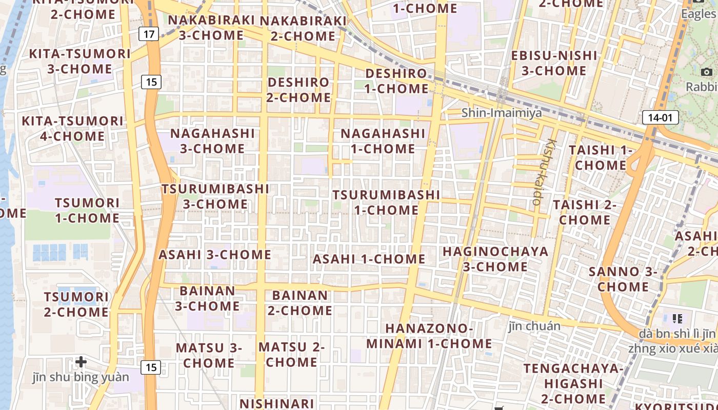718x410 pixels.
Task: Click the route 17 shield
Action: coord(149,34)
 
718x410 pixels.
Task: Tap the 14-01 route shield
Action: coord(660,117)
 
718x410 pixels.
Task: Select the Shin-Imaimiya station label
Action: coord(501,113)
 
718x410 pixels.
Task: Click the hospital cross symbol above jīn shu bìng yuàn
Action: coord(81,362)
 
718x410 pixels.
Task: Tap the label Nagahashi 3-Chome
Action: coord(212,141)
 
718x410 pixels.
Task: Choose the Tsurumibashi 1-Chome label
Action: coord(386,202)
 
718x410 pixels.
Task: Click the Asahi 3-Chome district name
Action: coord(215,255)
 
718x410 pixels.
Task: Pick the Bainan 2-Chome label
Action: coord(300,303)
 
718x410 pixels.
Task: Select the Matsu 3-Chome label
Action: coord(209,355)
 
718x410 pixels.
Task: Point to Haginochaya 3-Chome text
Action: coord(495,259)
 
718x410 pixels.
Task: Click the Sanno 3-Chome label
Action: coord(623,279)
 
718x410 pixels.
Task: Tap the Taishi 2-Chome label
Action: coord(585,212)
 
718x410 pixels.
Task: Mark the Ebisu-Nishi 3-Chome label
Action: coord(554,63)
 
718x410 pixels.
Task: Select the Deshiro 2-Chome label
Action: coord(299,90)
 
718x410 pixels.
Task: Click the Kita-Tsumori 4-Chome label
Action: coord(72,129)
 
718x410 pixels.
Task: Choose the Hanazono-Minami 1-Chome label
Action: coord(429,336)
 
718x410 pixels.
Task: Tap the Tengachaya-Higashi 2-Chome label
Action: coord(573,383)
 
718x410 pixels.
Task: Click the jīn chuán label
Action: coord(534,326)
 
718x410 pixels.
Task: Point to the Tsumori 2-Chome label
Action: coord(76,304)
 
